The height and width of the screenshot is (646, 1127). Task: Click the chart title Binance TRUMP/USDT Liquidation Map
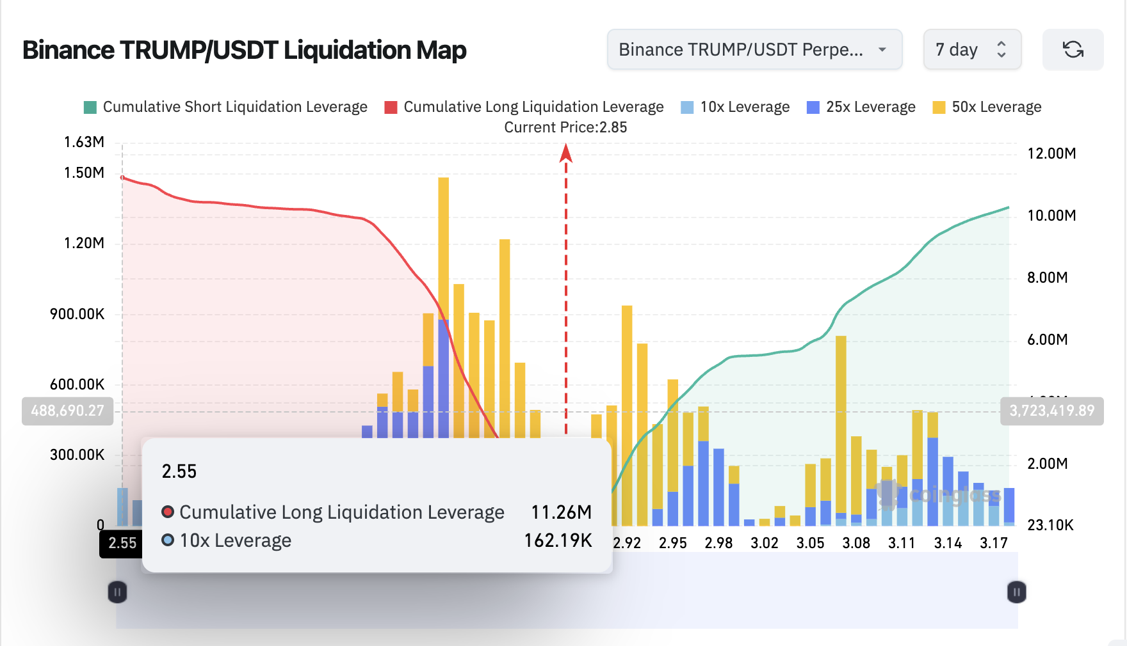tap(244, 50)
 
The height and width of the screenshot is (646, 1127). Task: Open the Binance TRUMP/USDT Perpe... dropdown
tap(754, 49)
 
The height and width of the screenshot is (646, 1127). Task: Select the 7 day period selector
tap(971, 49)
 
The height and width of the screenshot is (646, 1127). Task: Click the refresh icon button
tap(1073, 49)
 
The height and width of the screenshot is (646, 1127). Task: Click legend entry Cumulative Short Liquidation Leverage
tap(225, 107)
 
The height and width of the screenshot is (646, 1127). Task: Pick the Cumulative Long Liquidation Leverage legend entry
tap(524, 107)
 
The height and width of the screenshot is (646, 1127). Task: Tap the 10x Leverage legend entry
tap(735, 107)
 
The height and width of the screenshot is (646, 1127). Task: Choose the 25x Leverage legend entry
tap(861, 107)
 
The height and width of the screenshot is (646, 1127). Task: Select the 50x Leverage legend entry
tap(987, 107)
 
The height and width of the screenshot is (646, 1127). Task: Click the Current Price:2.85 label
tap(565, 127)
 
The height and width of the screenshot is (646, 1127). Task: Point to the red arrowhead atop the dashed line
tap(565, 153)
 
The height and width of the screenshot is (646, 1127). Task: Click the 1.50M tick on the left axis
tap(84, 173)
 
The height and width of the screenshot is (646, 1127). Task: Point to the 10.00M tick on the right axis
tap(1051, 216)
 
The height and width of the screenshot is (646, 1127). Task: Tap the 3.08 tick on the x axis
tap(855, 543)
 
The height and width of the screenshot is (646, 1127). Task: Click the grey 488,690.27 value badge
tap(67, 411)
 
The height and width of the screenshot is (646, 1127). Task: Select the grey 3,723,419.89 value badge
tap(1051, 411)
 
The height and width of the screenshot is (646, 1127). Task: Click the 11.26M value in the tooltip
tap(561, 512)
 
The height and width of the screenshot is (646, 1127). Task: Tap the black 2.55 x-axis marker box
tap(122, 543)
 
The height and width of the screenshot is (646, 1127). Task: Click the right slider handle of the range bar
tap(1016, 592)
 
